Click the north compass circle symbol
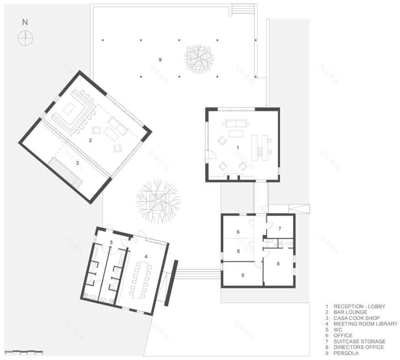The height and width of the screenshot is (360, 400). (25, 38)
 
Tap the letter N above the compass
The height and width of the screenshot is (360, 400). (25, 22)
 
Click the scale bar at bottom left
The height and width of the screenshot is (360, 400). (24, 352)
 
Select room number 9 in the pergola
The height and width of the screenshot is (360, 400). (160, 60)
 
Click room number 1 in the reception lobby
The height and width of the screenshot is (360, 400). (237, 148)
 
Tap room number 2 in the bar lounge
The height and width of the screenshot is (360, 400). (90, 140)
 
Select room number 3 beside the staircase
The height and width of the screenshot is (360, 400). (77, 163)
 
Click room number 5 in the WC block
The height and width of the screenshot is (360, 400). (111, 243)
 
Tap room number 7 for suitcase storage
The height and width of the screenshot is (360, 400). (280, 229)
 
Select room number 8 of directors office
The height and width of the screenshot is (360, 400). (278, 263)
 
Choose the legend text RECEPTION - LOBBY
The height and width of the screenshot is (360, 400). (359, 306)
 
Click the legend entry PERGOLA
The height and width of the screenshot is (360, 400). (346, 353)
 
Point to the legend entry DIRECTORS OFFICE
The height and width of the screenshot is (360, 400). (359, 347)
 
